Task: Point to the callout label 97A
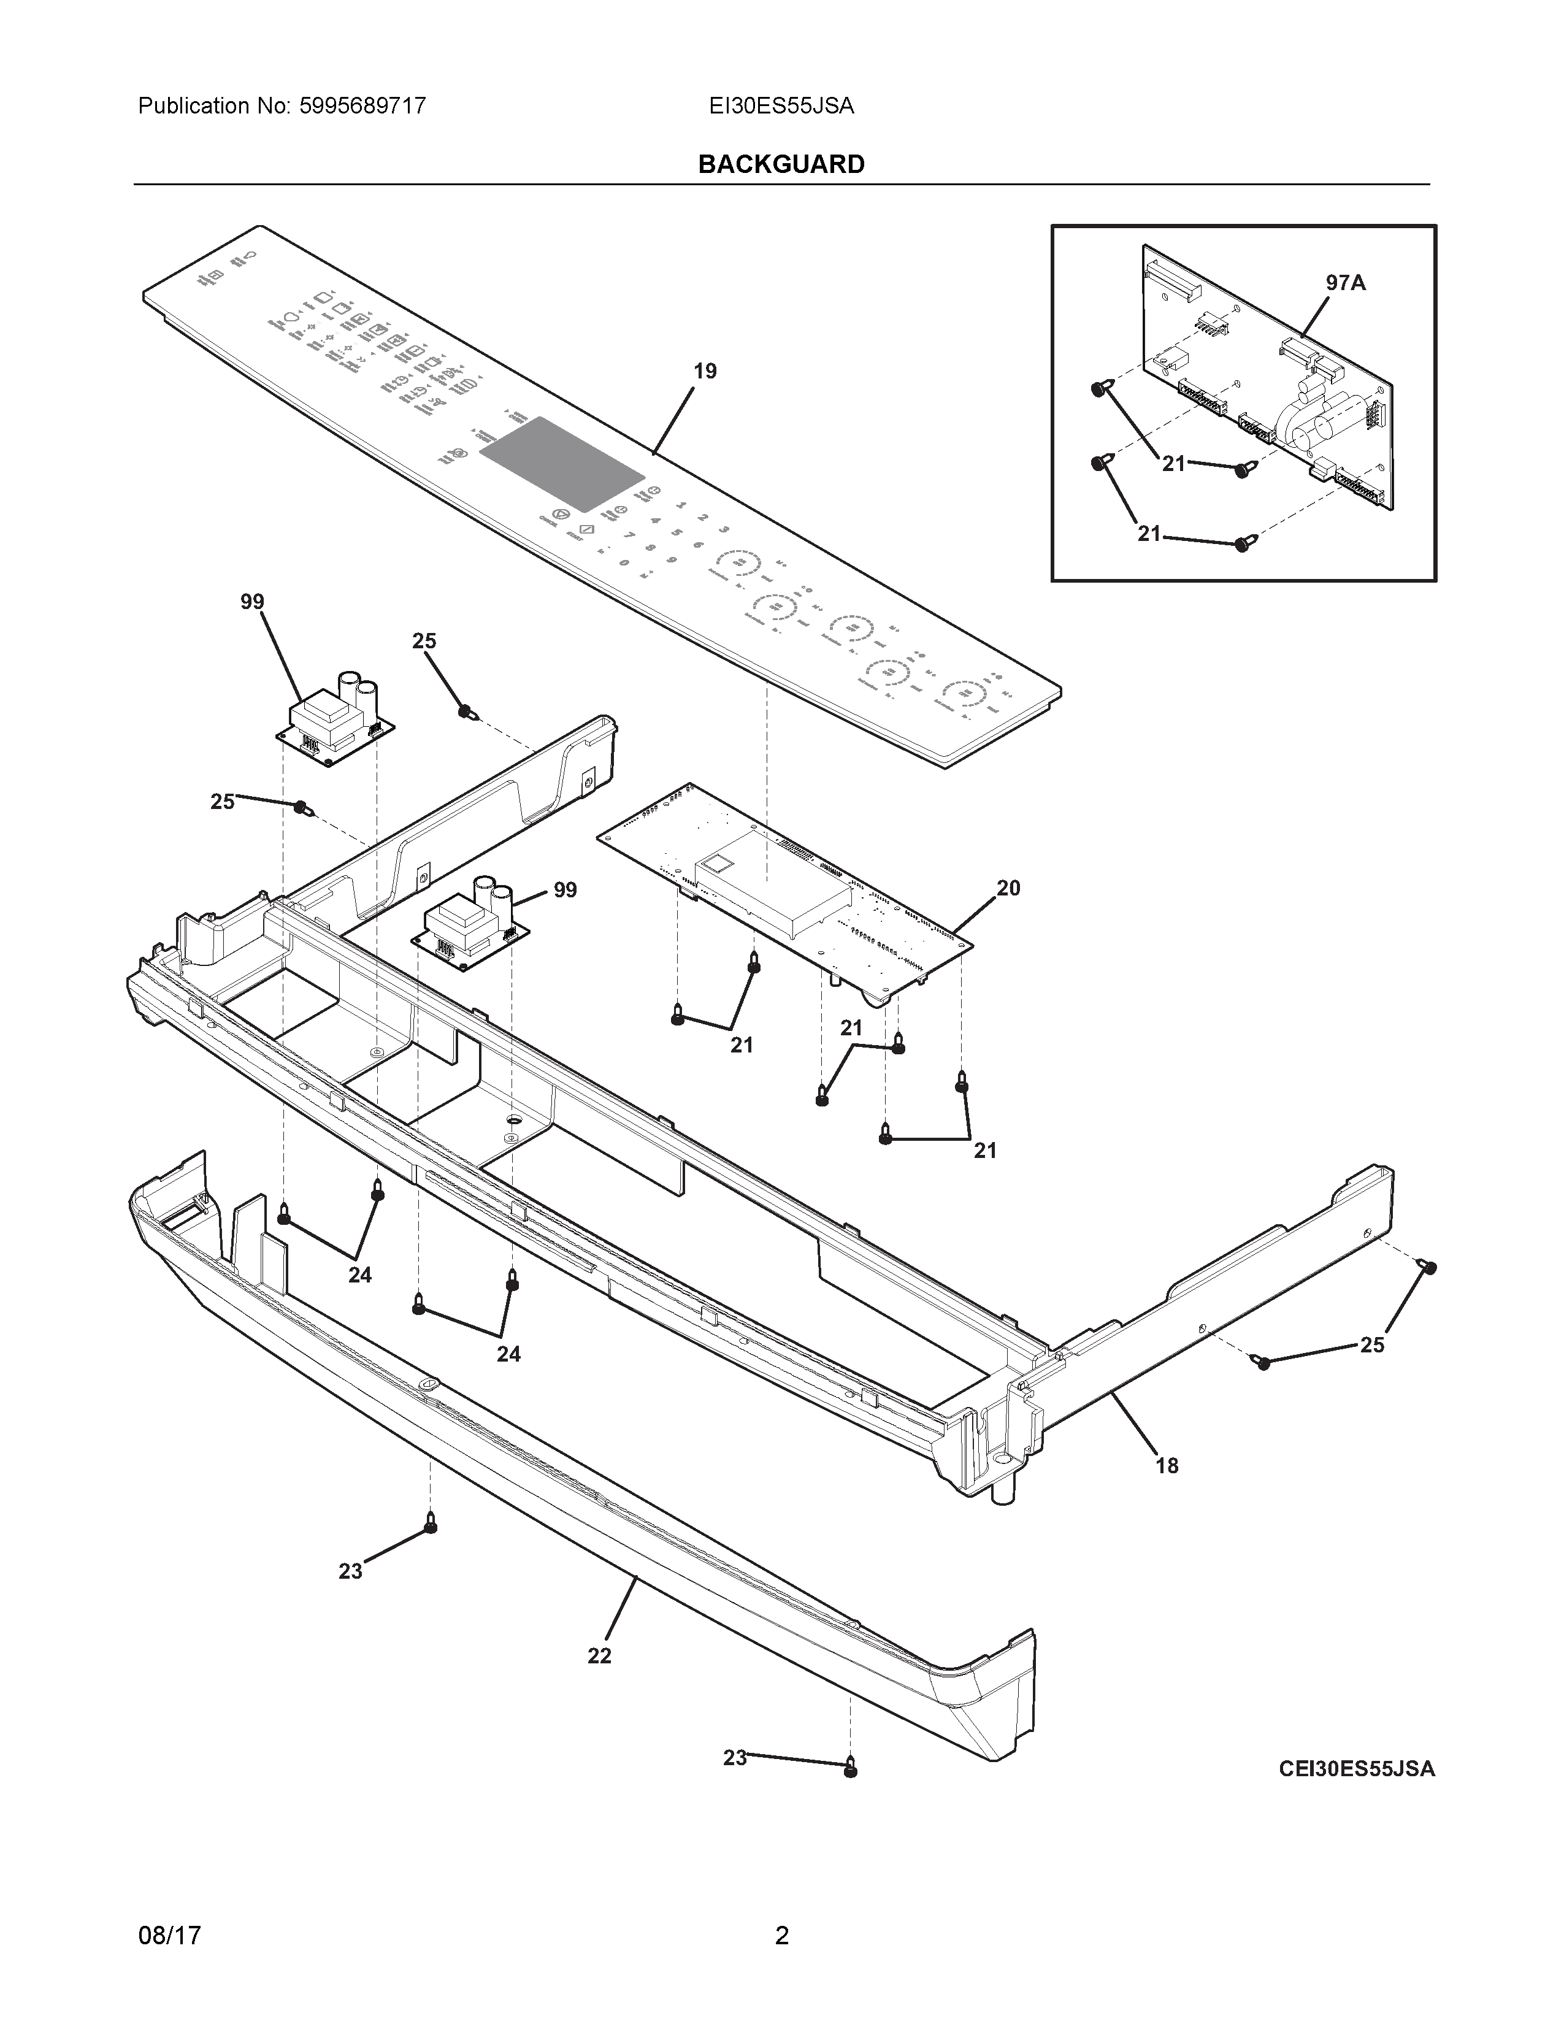1345,283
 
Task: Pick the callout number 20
1008,888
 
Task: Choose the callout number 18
1167,1465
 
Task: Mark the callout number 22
599,1655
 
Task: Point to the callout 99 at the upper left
252,602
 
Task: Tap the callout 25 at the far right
1372,1344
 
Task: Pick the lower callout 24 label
508,1354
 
